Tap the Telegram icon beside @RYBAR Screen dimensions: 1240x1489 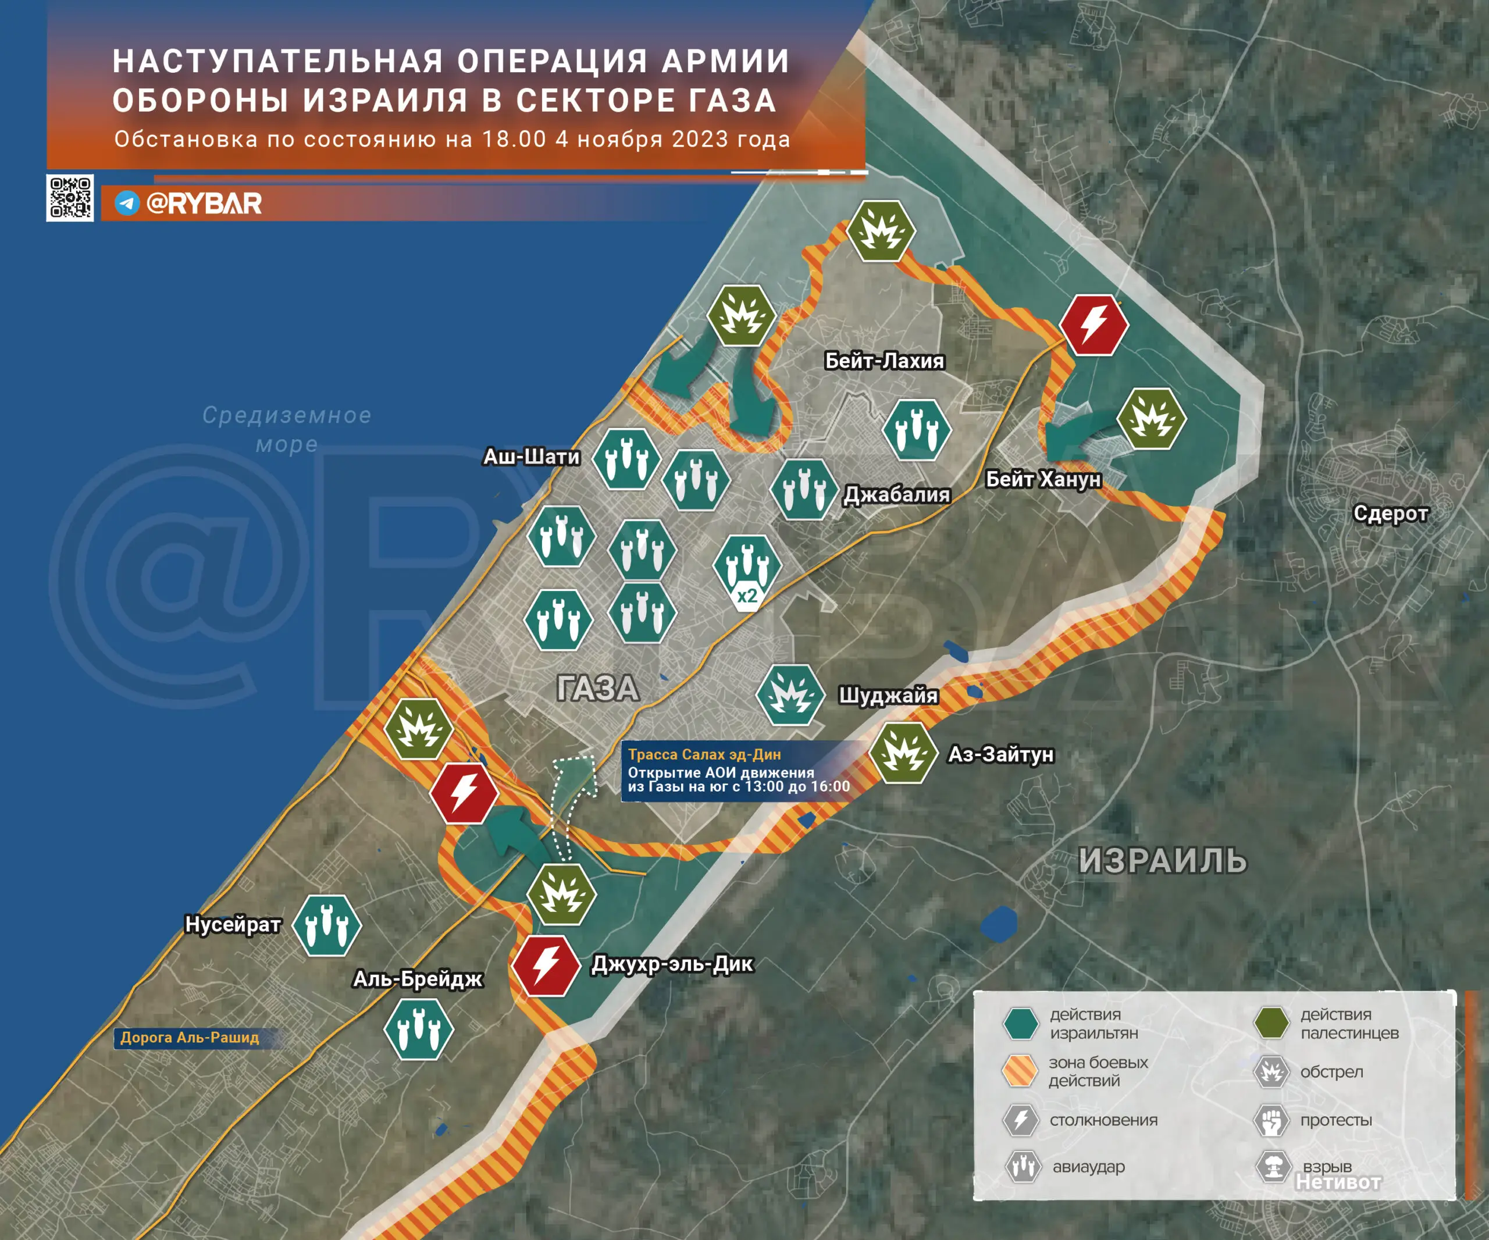[x=127, y=204]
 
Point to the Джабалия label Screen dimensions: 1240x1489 [x=896, y=494]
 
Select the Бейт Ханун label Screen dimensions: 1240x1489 [x=1043, y=479]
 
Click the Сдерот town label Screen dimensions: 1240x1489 [x=1390, y=514]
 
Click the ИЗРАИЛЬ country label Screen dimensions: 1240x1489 [x=1162, y=861]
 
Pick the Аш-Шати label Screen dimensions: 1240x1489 [x=531, y=457]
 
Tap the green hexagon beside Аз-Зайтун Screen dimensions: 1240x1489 [x=903, y=753]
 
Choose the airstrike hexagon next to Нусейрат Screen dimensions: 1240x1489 [x=327, y=925]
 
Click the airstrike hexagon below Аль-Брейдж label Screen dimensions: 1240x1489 [x=418, y=1029]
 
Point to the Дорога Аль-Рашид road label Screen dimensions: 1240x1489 [x=190, y=1037]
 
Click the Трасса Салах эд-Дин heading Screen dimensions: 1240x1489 [x=704, y=754]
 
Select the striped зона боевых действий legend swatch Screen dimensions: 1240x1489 [x=1020, y=1071]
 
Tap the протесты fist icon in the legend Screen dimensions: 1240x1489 [x=1271, y=1120]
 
